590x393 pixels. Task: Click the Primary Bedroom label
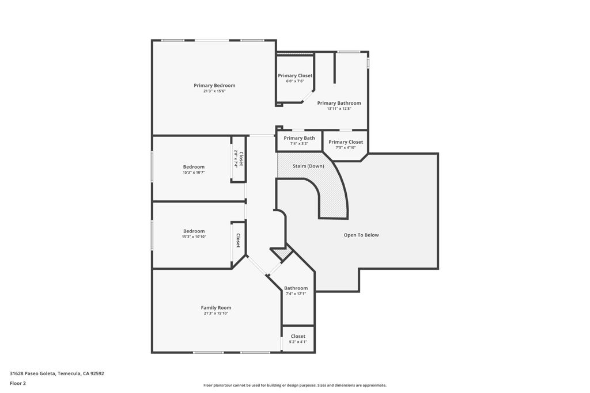[x=214, y=86]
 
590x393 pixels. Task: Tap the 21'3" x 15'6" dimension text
[x=214, y=91]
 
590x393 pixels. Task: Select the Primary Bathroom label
[x=339, y=103]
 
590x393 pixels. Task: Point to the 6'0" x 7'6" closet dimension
[x=295, y=81]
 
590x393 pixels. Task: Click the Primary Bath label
[x=299, y=138]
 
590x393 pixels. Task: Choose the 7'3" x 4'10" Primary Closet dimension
[x=346, y=148]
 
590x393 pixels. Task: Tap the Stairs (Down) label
[x=308, y=166]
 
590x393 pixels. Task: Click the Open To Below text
[x=361, y=235]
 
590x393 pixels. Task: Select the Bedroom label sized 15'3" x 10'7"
[x=194, y=167]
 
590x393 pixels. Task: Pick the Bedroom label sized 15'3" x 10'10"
[x=194, y=231]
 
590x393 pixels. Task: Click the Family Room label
[x=216, y=308]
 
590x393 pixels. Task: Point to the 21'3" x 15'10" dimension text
[x=216, y=314]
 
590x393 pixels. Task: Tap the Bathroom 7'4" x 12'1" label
[x=296, y=288]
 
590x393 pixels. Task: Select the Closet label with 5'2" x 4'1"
[x=298, y=336]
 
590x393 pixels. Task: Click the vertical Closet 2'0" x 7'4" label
[x=241, y=159]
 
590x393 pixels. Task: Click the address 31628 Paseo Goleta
[x=57, y=373]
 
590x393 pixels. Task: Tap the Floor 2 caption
[x=18, y=383]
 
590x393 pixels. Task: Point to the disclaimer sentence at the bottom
[x=294, y=386]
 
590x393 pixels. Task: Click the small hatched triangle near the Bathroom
[x=281, y=253]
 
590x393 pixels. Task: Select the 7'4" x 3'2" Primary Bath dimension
[x=299, y=144]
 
